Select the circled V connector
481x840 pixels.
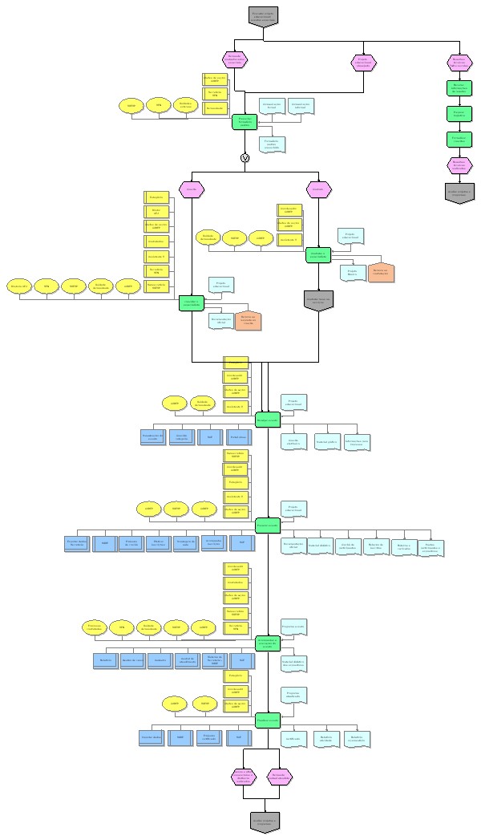[x=245, y=157]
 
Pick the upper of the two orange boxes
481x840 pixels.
[x=382, y=272]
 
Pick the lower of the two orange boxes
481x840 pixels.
[x=247, y=320]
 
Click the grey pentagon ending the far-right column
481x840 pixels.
[x=459, y=193]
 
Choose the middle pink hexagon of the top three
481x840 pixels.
[x=362, y=63]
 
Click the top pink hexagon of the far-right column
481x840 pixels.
[x=459, y=63]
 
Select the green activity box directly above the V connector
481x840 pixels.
[x=245, y=121]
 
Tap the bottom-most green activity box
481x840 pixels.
[x=267, y=720]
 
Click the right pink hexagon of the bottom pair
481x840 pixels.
[x=279, y=776]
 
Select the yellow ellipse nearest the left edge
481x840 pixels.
[x=19, y=286]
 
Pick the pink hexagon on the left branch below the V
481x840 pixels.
[x=192, y=189]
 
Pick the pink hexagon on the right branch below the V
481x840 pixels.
[x=318, y=189]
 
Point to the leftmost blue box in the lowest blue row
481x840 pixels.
[x=152, y=737]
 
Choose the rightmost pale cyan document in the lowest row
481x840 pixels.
[x=358, y=737]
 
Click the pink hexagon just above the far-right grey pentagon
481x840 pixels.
[x=459, y=164]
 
